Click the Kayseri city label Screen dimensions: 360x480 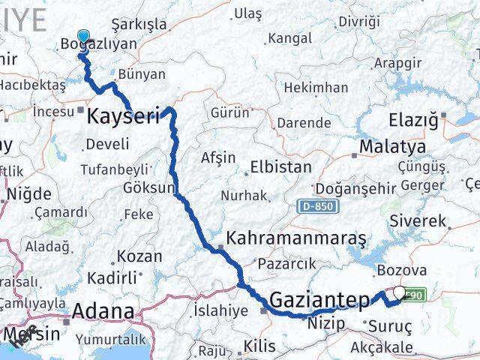pyautogui.click(x=123, y=115)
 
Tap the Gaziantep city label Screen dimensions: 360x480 pyautogui.click(x=319, y=300)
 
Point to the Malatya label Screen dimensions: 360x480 pyautogui.click(x=392, y=146)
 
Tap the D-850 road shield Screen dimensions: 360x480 pyautogui.click(x=318, y=205)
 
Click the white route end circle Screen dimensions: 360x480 pyautogui.click(x=398, y=293)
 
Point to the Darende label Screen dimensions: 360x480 pyautogui.click(x=298, y=122)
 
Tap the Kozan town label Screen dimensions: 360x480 pyautogui.click(x=139, y=256)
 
